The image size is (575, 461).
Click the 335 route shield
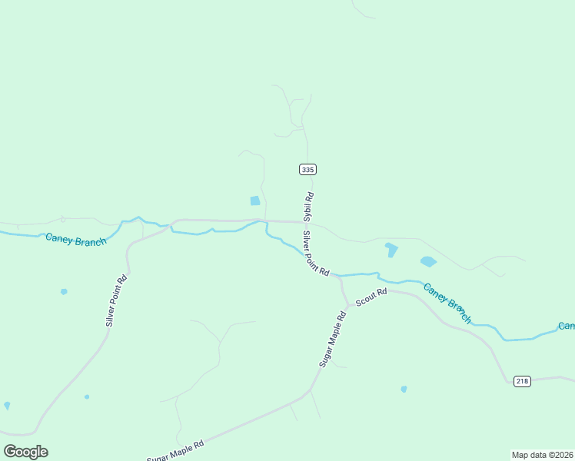click(x=307, y=169)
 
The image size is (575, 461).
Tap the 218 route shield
click(x=522, y=381)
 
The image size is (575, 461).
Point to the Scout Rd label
click(x=371, y=297)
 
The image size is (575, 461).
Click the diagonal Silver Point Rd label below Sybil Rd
click(x=316, y=254)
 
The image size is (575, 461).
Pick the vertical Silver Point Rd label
click(x=116, y=300)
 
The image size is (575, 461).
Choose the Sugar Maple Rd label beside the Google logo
click(x=176, y=449)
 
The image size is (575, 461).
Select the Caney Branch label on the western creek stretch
click(x=75, y=240)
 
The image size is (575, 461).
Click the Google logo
click(x=25, y=451)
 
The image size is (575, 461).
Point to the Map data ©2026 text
click(x=542, y=455)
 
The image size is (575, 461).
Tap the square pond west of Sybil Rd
click(x=255, y=201)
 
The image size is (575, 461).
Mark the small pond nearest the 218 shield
click(x=404, y=389)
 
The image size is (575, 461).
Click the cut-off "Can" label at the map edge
click(x=567, y=326)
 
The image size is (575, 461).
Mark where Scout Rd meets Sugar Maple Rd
click(x=348, y=305)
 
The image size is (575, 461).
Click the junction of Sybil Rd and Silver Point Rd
click(x=311, y=223)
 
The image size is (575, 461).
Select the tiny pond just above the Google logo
click(x=7, y=405)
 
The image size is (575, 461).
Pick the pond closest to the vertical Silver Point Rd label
click(x=64, y=291)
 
